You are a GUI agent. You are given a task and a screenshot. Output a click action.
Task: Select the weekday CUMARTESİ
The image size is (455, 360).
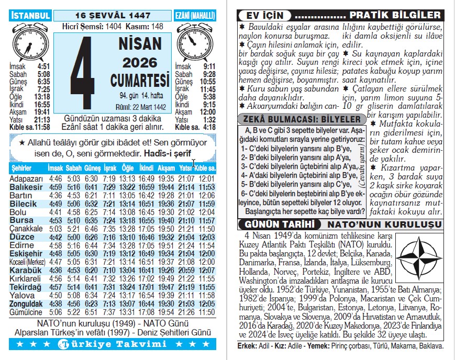coord(140,80)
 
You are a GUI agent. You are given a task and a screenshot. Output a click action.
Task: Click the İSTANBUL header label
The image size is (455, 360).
coord(30,15)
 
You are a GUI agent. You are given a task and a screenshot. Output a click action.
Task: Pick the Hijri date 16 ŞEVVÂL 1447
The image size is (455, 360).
coord(113,16)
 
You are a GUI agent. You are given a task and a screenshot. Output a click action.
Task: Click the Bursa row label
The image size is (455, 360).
coord(21,220)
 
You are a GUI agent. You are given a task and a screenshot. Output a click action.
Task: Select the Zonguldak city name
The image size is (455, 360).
coord(26,303)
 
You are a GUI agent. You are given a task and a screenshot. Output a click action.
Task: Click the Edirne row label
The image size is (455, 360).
coord(22,245)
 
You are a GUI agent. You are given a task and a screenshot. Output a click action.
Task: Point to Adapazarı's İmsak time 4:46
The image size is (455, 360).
coord(54,179)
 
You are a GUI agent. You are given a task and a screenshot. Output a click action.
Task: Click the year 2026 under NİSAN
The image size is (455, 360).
coord(140,63)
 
